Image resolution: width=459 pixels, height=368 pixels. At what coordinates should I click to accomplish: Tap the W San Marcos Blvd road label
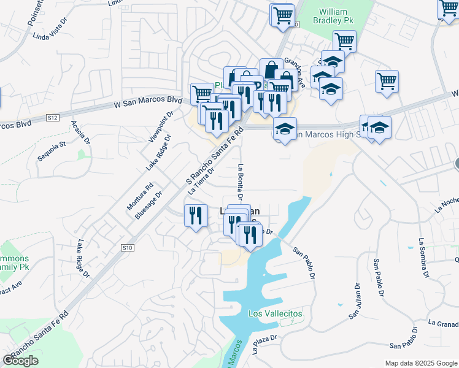point(148,102)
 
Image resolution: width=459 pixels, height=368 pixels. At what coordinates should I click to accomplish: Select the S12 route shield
point(53,117)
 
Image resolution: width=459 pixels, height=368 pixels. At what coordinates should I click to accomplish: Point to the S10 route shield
point(127,247)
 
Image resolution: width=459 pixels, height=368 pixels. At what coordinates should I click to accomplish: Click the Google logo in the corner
point(20,360)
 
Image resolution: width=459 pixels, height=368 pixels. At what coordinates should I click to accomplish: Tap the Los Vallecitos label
point(276,313)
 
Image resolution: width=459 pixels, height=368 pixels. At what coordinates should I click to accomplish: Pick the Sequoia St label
point(52,150)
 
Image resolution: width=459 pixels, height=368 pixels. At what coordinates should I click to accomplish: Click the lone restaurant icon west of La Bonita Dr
point(195,216)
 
